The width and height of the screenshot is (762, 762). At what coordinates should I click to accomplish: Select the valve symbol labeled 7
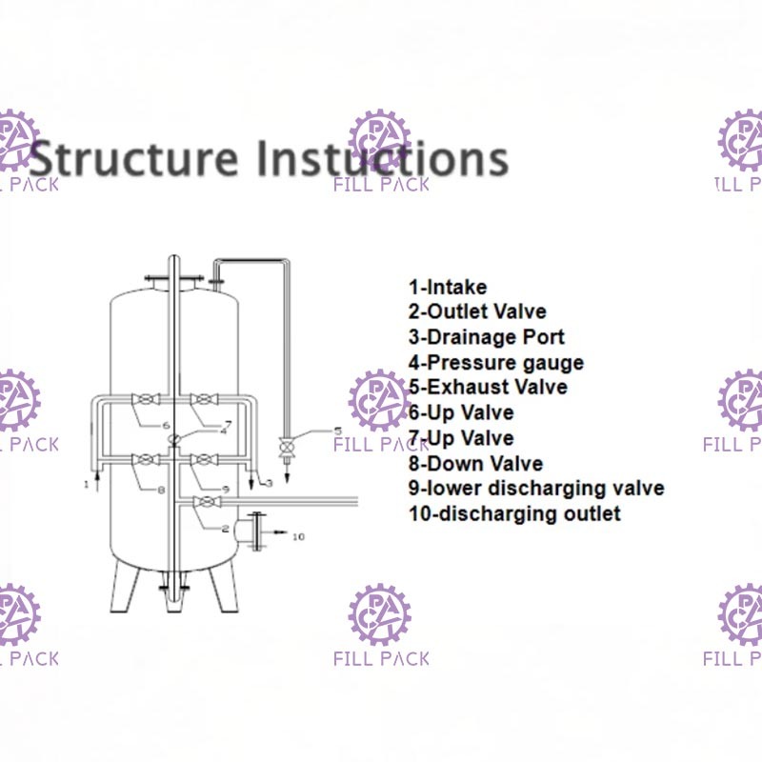click(200, 398)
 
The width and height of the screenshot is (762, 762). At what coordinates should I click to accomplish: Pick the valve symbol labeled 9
click(200, 460)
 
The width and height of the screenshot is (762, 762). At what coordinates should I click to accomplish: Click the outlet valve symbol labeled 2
click(202, 502)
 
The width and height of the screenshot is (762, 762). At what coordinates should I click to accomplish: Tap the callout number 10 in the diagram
click(298, 537)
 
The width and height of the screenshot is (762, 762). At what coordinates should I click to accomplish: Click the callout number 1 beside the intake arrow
click(86, 485)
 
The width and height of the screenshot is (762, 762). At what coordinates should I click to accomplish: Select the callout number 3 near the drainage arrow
click(270, 484)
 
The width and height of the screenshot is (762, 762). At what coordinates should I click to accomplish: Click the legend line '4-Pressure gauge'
click(496, 362)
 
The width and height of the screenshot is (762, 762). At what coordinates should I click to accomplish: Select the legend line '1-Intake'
click(448, 287)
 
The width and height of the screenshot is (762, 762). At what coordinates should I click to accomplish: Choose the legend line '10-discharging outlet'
click(514, 514)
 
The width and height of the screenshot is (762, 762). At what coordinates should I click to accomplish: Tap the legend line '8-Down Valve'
click(475, 464)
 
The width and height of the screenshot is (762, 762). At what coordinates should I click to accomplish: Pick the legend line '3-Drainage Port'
click(487, 337)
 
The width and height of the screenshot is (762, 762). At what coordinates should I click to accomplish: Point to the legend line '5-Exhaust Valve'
click(488, 388)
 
